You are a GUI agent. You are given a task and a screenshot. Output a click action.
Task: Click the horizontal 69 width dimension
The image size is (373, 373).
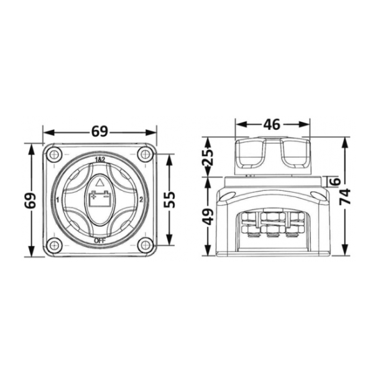(x=100, y=132)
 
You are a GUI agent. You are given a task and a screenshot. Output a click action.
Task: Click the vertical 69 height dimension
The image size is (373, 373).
(x=31, y=201)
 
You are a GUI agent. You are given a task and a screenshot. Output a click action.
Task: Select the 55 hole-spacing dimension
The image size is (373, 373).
(x=170, y=200)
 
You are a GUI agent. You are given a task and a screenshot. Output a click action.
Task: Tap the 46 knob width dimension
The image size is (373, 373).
(x=272, y=124)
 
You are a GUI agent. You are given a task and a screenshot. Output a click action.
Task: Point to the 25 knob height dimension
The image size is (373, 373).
(x=208, y=157)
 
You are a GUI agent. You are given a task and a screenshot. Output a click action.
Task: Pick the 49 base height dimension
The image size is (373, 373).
(x=208, y=216)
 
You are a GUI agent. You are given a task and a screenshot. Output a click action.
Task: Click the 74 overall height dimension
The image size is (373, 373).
(x=345, y=196)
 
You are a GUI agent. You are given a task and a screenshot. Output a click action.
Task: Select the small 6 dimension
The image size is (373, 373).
(x=336, y=182)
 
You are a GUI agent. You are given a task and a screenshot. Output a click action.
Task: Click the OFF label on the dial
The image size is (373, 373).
(x=99, y=241)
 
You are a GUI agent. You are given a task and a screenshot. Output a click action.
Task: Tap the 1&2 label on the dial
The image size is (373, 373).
(x=100, y=160)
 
